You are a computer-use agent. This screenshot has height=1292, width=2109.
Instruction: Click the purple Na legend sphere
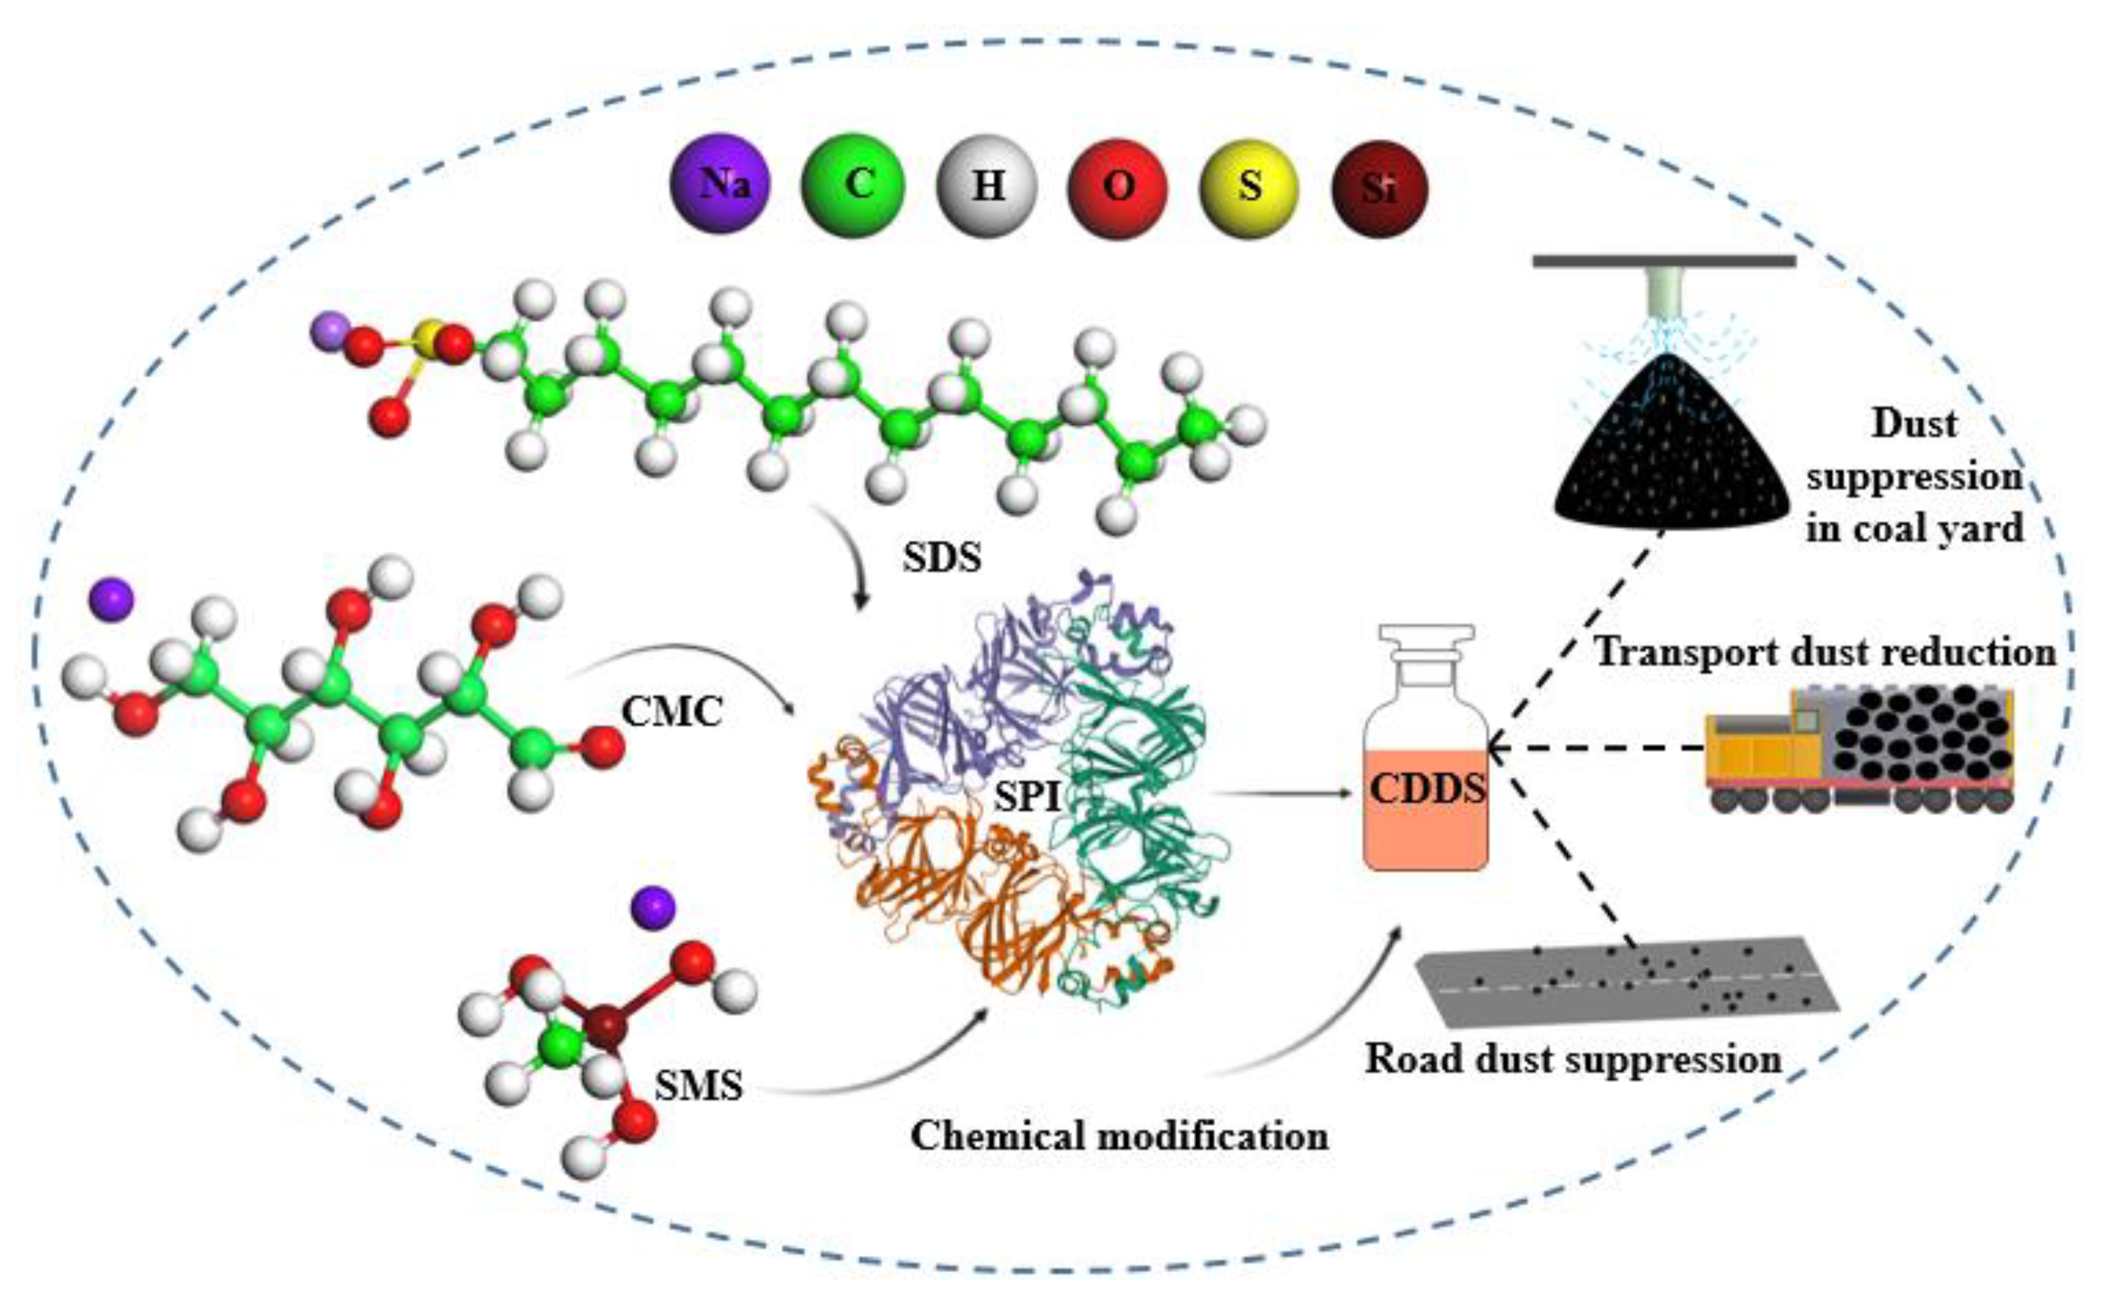click(x=720, y=183)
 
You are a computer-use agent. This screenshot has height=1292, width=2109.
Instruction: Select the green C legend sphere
click(x=852, y=185)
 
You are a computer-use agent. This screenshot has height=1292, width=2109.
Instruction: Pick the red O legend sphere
click(x=1118, y=187)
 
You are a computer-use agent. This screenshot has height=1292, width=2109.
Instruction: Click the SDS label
click(x=942, y=558)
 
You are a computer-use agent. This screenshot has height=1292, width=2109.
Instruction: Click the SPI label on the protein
click(x=1027, y=798)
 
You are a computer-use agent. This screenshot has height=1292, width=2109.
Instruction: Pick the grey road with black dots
click(x=1626, y=985)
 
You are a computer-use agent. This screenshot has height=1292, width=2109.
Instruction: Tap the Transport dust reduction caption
click(x=1824, y=652)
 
